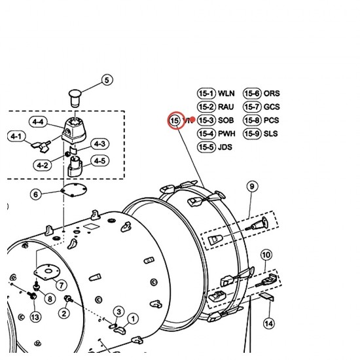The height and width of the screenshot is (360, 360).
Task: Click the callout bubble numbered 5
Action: pos(107,80)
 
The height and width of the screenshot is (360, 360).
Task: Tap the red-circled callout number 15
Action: pos(175,120)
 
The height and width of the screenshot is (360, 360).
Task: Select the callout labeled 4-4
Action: pos(38,122)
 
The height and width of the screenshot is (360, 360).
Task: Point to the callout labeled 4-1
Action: pos(16,136)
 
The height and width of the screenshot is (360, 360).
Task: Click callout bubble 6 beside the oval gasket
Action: pos(35,194)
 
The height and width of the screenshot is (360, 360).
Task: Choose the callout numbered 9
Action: pos(252,186)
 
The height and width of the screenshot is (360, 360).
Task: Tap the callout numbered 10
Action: pos(266,255)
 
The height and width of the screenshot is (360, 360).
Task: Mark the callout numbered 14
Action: pos(269,324)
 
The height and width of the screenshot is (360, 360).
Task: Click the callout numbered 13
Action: pos(35,317)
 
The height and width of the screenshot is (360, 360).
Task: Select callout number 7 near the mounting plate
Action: pos(62,285)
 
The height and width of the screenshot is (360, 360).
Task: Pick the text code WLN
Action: pos(226,94)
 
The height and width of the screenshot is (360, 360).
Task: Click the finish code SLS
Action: pos(270,134)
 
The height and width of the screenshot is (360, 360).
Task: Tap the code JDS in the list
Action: pos(225,147)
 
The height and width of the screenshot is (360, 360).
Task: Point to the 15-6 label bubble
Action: pos(252,94)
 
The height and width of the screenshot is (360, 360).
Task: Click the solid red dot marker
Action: pos(193,120)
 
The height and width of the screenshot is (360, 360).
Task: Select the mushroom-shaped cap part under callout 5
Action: pos(75,98)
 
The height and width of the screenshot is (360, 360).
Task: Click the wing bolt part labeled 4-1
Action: pos(41,147)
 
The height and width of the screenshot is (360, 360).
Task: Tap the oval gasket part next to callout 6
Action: pos(73,190)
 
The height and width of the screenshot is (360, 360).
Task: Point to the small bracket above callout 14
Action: pos(266,297)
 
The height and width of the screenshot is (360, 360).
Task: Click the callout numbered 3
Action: pos(118,312)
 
